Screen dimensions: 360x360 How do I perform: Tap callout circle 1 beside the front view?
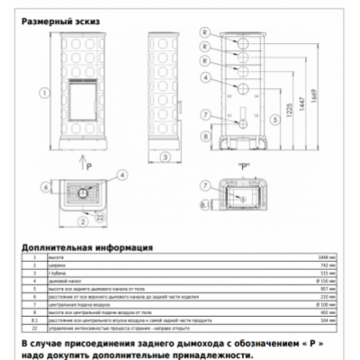[x=43, y=93]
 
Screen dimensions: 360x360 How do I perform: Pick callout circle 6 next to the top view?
[x=45, y=188]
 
